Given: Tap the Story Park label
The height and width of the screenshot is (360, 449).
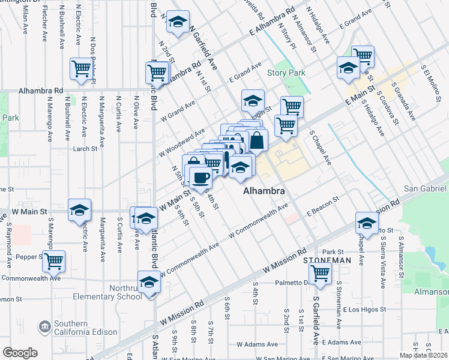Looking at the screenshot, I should click(286, 73).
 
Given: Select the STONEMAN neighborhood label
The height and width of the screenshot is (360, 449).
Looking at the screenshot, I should click(327, 260).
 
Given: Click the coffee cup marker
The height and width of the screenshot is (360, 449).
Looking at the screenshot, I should click(200, 177).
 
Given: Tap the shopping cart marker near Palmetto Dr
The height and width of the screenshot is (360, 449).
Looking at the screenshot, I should click(321, 273).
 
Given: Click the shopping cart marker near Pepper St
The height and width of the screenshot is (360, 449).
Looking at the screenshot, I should click(54, 261).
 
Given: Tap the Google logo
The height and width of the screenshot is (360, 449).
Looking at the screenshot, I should click(20, 353).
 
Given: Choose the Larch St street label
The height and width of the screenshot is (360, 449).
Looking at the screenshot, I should click(85, 149).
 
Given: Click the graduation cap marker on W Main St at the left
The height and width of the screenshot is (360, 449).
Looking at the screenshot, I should click(80, 210).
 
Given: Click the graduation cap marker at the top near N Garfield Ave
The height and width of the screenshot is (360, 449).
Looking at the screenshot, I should click(178, 22).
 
